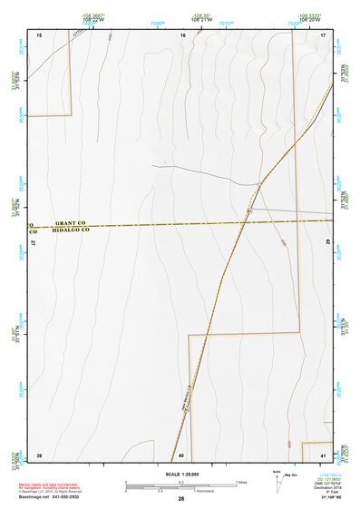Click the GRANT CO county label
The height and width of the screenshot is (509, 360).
pos(70,222)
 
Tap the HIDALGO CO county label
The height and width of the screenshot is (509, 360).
pos(71,230)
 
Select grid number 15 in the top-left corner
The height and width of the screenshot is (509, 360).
pos(39,34)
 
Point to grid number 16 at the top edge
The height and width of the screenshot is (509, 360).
pos(183,34)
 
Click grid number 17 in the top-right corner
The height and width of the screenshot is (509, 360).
pos(324,34)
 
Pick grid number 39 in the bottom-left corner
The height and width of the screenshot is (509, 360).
pos(39,454)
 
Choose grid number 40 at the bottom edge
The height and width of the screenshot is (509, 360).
pos(181,455)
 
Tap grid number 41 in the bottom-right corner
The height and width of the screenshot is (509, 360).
pos(323,454)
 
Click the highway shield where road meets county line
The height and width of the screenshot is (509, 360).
pos(248,210)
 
